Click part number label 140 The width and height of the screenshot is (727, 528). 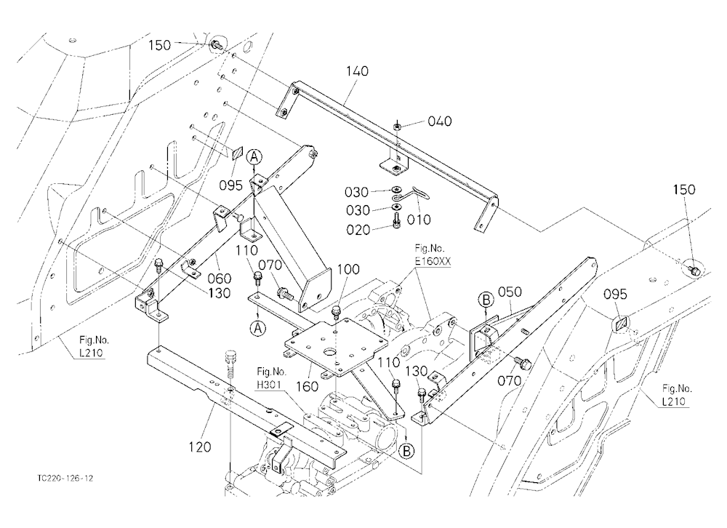click(x=357, y=71)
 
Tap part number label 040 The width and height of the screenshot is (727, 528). click(x=440, y=121)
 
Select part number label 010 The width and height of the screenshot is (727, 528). click(x=419, y=220)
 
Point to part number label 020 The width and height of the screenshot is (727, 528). click(x=358, y=230)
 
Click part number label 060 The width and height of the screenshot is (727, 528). click(x=219, y=279)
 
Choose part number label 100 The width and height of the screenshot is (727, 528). click(x=348, y=270)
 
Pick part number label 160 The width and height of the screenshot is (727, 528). click(x=307, y=386)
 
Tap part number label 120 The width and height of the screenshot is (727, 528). click(x=200, y=447)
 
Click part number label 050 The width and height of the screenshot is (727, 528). click(x=510, y=292)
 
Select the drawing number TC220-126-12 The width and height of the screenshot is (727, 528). click(x=66, y=479)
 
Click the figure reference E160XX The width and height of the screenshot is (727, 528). click(x=433, y=262)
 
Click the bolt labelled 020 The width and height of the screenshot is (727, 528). click(x=396, y=220)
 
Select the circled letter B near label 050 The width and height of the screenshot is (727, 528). click(x=486, y=300)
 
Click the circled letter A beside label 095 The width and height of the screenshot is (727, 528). click(x=254, y=157)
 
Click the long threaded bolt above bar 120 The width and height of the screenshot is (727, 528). click(x=230, y=366)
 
